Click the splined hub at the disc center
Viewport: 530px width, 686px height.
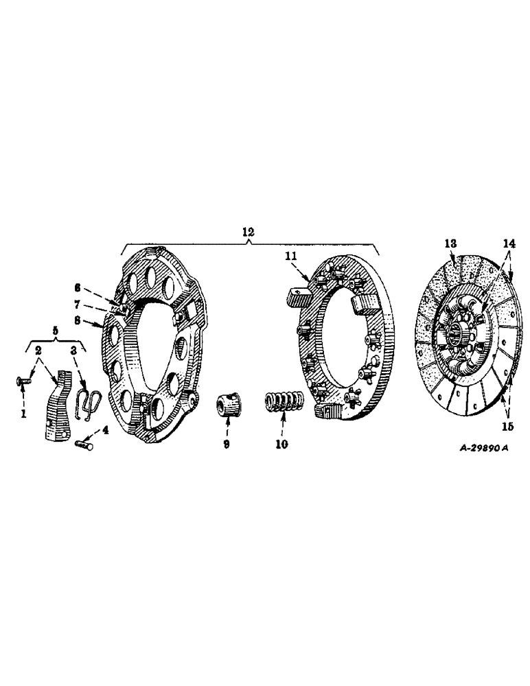click(462, 337)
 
